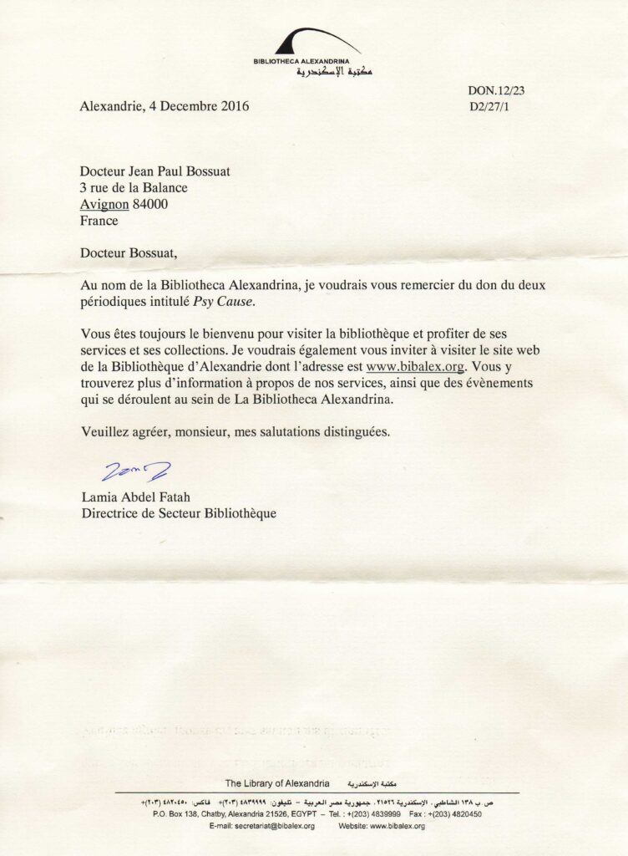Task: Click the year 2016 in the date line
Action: pyautogui.click(x=233, y=106)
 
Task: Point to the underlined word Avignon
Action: pyautogui.click(x=105, y=205)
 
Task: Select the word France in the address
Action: pyautogui.click(x=99, y=222)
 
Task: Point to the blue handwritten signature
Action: pyautogui.click(x=135, y=473)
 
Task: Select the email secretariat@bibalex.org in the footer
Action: pyautogui.click(x=261, y=826)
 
